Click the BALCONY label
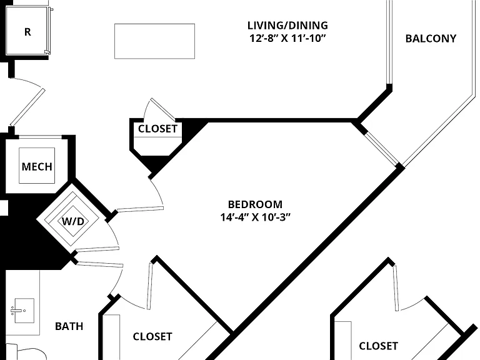(431, 39)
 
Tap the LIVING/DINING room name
(287, 25)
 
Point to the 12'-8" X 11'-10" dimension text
(287, 39)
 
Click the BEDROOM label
(255, 204)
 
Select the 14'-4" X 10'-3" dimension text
(255, 217)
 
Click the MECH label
(37, 167)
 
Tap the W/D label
(73, 221)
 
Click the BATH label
(69, 326)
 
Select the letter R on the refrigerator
(27, 32)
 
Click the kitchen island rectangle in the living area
(154, 41)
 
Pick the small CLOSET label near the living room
(157, 129)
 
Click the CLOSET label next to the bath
(152, 337)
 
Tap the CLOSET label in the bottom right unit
(378, 346)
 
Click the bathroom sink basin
(24, 311)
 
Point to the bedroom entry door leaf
(140, 209)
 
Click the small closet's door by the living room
(163, 109)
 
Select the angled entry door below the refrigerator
(27, 107)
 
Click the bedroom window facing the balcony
(382, 149)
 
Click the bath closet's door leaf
(150, 286)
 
